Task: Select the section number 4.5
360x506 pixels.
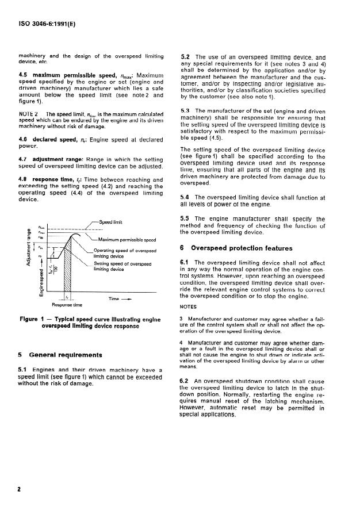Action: (25, 76)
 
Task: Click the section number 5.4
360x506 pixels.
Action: (185, 198)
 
